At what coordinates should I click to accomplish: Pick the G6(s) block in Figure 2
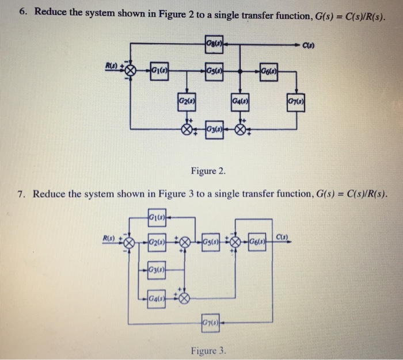click(268, 71)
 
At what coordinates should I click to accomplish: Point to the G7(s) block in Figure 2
click(296, 104)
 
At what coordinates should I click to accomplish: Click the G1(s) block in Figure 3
click(157, 217)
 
